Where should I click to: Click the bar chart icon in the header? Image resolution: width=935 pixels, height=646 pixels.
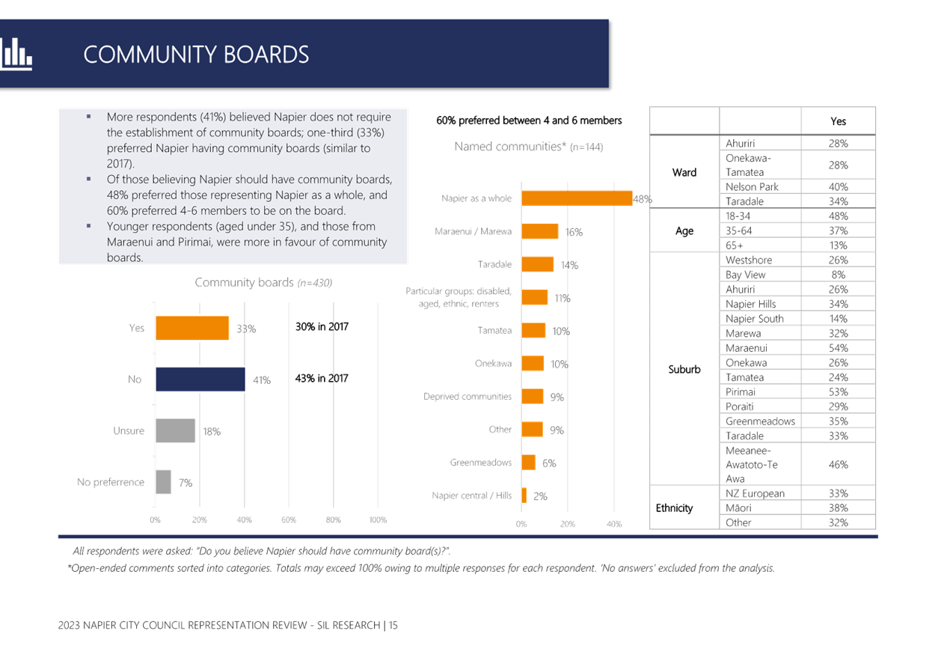click(16, 55)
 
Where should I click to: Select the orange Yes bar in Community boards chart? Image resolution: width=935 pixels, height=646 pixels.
click(192, 328)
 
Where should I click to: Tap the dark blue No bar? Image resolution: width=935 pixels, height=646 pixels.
click(200, 380)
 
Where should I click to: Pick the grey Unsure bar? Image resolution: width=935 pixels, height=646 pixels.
click(175, 431)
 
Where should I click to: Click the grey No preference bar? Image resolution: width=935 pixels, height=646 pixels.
click(164, 482)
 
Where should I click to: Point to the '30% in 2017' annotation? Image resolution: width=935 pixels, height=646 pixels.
click(322, 327)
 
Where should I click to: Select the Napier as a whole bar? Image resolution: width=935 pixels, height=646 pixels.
click(577, 198)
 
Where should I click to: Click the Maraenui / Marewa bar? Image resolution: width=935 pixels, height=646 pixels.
click(540, 231)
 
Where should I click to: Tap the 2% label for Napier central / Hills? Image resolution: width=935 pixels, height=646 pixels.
click(540, 496)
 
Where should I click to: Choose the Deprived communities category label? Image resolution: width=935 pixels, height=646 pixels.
click(467, 397)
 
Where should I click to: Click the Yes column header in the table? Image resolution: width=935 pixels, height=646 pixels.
click(839, 121)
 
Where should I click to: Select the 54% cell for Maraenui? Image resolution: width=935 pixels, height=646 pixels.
click(839, 348)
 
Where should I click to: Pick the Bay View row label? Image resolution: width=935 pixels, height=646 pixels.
click(746, 275)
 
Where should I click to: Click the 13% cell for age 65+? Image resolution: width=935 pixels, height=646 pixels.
click(839, 246)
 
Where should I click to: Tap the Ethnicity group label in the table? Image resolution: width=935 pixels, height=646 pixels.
click(674, 508)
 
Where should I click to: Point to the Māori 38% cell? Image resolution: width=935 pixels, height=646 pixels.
click(839, 508)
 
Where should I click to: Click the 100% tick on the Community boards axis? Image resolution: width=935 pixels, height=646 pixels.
click(378, 519)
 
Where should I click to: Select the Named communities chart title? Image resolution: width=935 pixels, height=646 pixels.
click(528, 147)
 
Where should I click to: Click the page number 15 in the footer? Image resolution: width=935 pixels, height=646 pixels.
click(393, 626)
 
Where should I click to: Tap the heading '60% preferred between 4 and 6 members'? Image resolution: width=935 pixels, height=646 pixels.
click(529, 121)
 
